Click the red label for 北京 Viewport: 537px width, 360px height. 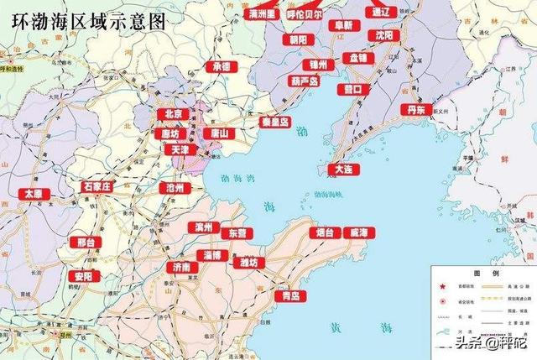click(x=174, y=113)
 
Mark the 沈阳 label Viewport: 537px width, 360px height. click(x=384, y=36)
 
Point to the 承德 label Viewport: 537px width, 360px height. click(x=222, y=66)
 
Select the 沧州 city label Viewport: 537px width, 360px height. click(x=175, y=188)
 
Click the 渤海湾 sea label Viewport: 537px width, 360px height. click(x=236, y=177)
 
